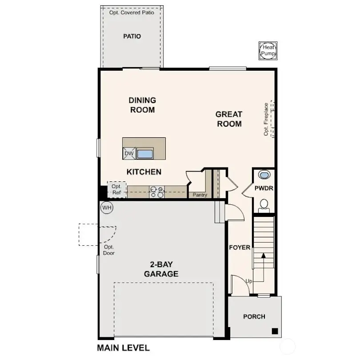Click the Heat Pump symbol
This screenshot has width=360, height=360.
click(268, 50)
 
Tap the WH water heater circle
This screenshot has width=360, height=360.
click(107, 207)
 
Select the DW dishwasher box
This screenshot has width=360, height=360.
click(129, 154)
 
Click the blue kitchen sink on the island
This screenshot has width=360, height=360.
click(144, 154)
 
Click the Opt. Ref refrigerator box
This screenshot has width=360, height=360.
click(116, 190)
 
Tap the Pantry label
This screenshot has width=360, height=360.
click(200, 195)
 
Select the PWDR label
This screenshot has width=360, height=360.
click(264, 188)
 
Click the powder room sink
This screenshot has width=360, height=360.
click(264, 175)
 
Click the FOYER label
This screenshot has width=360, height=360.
click(240, 248)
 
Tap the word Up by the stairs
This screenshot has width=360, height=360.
click(249, 281)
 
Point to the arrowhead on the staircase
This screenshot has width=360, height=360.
click(263, 256)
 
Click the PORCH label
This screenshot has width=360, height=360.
click(254, 317)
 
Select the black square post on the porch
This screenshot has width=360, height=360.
click(275, 331)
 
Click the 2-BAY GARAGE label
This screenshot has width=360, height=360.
click(161, 269)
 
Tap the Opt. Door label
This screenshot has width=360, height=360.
click(109, 250)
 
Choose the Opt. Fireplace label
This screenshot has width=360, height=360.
click(266, 119)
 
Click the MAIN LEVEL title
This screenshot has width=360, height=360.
click(123, 348)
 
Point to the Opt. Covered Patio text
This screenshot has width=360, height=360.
click(132, 12)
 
